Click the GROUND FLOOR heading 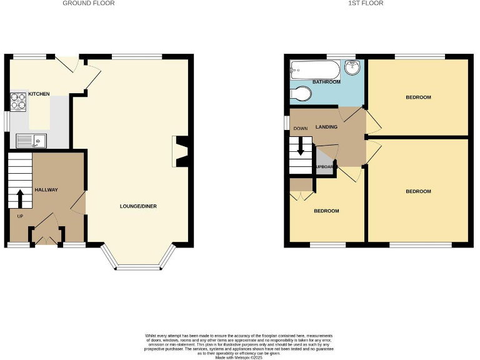(89, 4)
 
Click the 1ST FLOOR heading (366, 4)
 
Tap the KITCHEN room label (39, 94)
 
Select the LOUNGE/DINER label (137, 206)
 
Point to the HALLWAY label (46, 189)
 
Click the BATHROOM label (326, 82)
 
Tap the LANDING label (327, 127)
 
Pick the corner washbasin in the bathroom (354, 67)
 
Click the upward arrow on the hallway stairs (19, 199)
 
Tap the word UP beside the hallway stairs (20, 216)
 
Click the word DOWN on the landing (301, 129)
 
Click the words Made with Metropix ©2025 (239, 356)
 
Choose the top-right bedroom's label (418, 97)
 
